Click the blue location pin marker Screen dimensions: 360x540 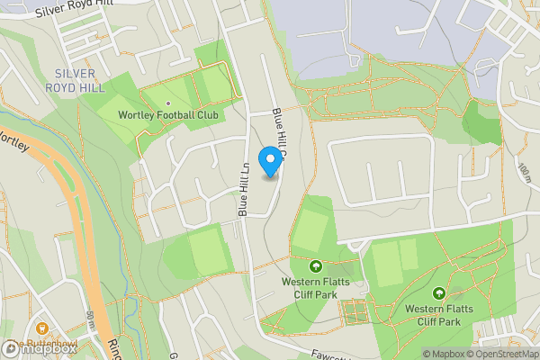click(x=268, y=161)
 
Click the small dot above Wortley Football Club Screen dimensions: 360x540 click(x=167, y=103)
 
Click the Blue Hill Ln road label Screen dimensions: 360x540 click(x=244, y=188)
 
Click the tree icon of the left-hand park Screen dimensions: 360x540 click(x=315, y=266)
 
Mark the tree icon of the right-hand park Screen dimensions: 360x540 click(x=438, y=292)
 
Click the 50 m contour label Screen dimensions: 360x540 click(x=91, y=320)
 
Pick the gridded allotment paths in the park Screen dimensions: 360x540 click(x=354, y=312)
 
